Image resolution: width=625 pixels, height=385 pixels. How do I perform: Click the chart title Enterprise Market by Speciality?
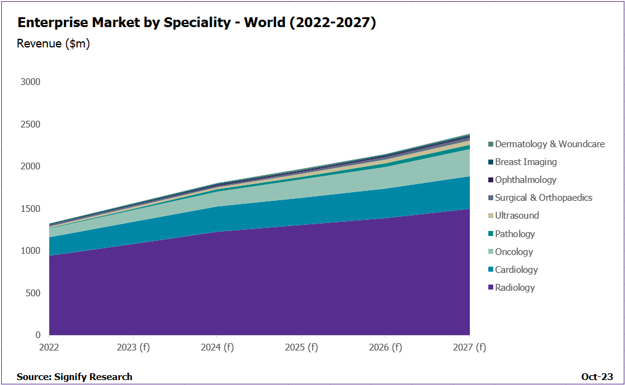[196, 23]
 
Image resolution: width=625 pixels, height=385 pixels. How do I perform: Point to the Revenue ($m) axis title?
[54, 44]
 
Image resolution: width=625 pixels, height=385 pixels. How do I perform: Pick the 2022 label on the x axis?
[49, 347]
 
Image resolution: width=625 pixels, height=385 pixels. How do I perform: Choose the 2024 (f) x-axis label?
[217, 347]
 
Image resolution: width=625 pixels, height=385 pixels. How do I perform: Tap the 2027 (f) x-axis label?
[469, 347]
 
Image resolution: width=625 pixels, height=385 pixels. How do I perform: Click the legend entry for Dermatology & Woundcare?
[549, 144]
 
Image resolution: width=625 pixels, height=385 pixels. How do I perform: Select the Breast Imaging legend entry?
[525, 162]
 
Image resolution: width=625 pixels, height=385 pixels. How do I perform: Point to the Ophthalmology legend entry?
[525, 180]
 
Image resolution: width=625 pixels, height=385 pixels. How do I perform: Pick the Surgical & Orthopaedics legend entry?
[543, 198]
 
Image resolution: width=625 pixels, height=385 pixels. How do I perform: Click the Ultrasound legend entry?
[517, 216]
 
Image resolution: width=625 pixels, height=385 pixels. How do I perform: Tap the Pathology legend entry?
[515, 234]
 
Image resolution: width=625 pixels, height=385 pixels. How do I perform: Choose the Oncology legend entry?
[514, 252]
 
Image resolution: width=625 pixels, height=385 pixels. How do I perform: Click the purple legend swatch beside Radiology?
[491, 288]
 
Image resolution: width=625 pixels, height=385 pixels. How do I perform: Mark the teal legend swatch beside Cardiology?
[491, 270]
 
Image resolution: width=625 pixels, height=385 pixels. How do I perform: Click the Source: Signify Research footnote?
[75, 376]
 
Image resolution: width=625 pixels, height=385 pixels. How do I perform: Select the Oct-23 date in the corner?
[596, 376]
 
